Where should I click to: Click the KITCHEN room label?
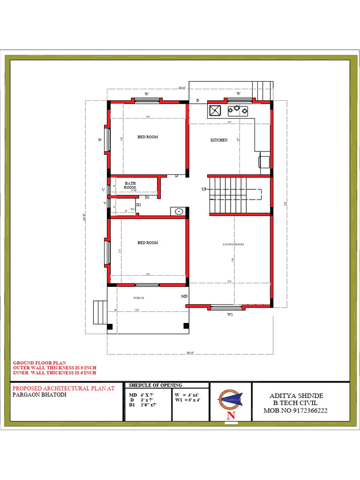(219, 140)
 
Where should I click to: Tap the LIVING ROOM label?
(233, 244)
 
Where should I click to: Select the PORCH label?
(139, 298)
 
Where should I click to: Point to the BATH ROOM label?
(130, 185)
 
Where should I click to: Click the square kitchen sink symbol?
(215, 111)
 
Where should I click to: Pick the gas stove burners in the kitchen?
(238, 111)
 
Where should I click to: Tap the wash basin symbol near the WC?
(179, 211)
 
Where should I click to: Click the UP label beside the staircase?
(204, 189)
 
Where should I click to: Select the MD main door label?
(184, 297)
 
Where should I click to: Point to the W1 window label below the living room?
(230, 315)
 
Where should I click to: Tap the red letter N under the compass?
(231, 415)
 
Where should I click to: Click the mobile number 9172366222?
(307, 410)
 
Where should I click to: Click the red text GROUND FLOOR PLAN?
(39, 363)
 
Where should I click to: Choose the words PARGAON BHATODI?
(39, 395)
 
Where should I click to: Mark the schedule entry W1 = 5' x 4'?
(187, 400)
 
